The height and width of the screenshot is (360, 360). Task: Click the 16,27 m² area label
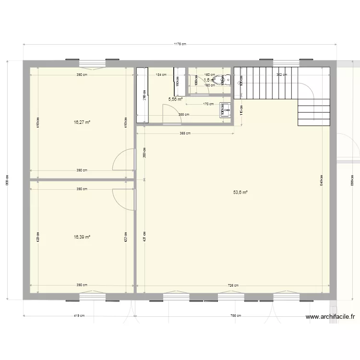(82, 122)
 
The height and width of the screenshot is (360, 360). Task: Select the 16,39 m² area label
(82, 237)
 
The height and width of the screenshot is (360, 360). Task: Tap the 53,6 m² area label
(240, 192)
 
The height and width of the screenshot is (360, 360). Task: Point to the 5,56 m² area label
(175, 99)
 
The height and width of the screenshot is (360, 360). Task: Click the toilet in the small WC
(220, 80)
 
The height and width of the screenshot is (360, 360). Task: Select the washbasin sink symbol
(224, 109)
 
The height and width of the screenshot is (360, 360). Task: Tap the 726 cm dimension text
(233, 285)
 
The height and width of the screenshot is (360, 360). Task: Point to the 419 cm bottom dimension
(79, 316)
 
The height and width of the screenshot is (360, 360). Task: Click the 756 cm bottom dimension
(236, 316)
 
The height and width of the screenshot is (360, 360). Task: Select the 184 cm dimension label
(160, 75)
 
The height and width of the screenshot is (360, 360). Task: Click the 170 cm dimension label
(208, 104)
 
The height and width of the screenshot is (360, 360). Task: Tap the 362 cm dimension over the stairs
(282, 75)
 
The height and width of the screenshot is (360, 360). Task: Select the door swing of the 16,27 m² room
(123, 161)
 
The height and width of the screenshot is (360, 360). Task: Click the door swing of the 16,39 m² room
(123, 198)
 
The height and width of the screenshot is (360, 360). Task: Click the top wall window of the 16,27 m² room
(92, 62)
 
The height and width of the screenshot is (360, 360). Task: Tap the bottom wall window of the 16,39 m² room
(92, 298)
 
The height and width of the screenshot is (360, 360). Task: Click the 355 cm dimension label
(184, 114)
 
